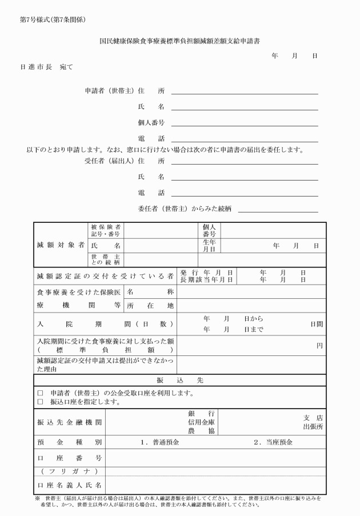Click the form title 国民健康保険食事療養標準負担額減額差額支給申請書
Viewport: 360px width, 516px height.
point(181,41)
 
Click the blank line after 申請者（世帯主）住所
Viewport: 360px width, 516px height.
point(245,93)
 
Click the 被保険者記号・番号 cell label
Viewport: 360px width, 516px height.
point(106,230)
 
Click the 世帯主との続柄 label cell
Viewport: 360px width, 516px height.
point(106,259)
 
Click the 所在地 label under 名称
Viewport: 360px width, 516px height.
point(150,306)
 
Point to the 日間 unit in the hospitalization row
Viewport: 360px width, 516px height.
point(317,323)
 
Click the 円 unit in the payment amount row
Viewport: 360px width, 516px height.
point(319,346)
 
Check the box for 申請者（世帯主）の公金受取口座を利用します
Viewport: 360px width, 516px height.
point(40,393)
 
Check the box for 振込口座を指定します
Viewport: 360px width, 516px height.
point(40,402)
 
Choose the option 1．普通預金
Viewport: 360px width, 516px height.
point(160,442)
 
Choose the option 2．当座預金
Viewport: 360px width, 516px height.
point(273,442)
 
